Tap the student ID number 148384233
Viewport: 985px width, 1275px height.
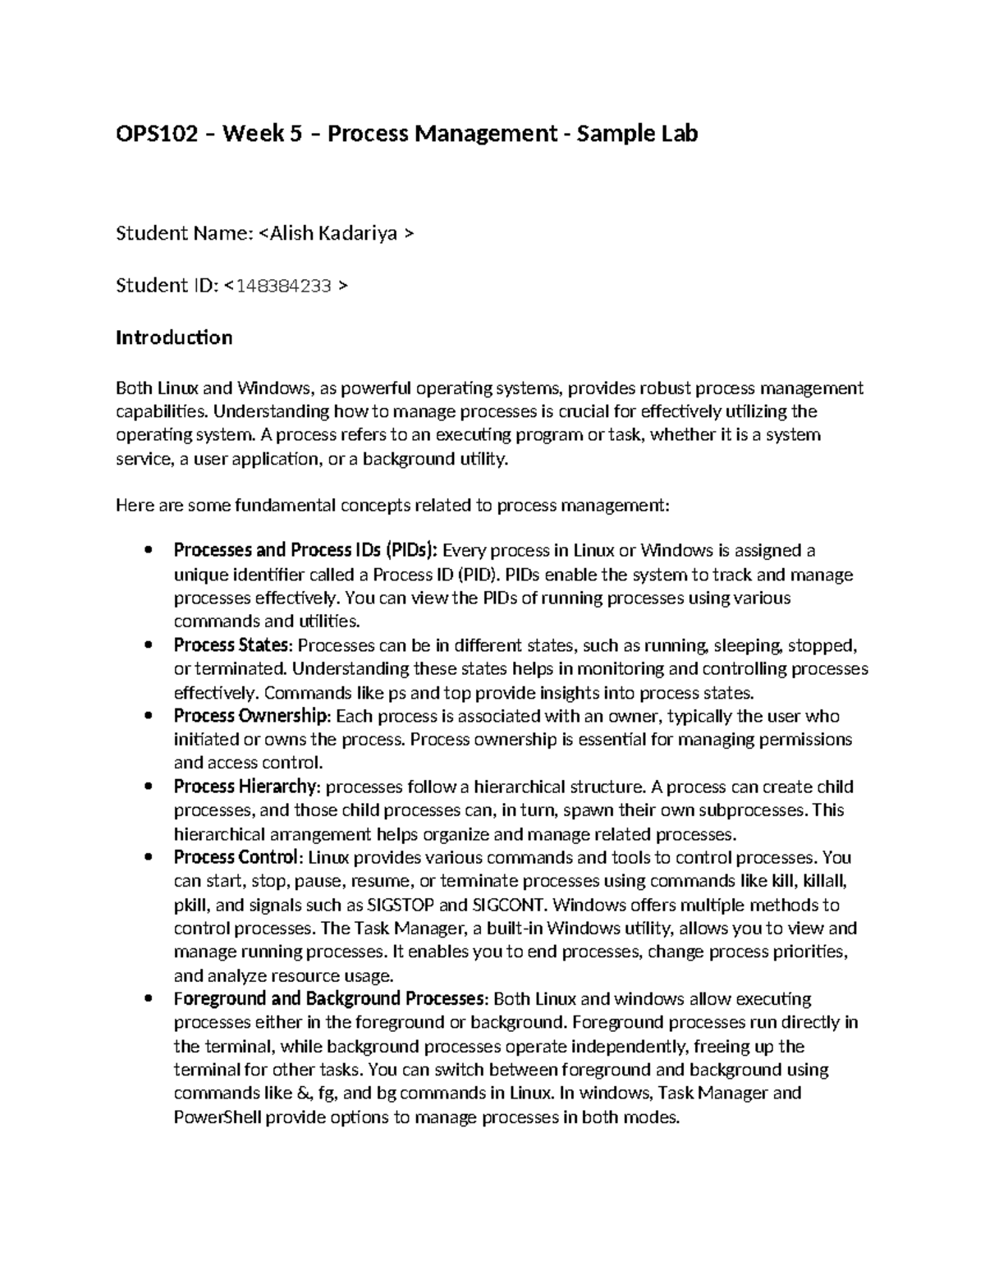click(x=283, y=286)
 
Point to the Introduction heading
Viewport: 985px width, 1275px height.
click(x=174, y=337)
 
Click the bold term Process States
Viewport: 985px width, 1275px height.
click(x=231, y=645)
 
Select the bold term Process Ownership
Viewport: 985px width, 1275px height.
click(x=251, y=716)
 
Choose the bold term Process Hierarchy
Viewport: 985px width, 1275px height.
click(x=245, y=787)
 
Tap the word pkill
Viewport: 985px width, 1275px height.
click(x=191, y=906)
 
